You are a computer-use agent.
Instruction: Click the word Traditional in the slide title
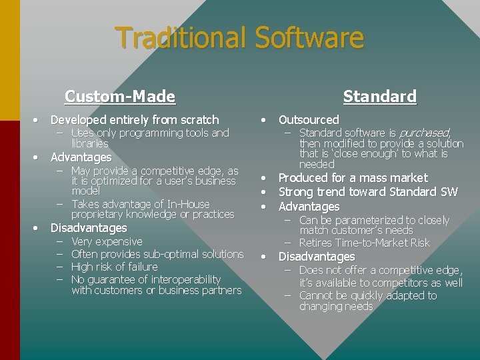point(179,38)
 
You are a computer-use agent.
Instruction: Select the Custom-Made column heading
point(120,97)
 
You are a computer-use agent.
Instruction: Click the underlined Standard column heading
point(379,97)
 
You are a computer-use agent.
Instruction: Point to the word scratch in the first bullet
point(196,120)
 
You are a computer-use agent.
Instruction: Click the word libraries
point(89,143)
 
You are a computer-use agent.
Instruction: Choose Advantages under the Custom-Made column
point(81,157)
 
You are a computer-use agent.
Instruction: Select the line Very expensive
point(107,241)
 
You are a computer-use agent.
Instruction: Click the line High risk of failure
point(114,267)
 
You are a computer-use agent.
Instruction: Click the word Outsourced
point(309,120)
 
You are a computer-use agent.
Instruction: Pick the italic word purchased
point(427,133)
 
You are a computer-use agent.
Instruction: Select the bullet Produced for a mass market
point(353,178)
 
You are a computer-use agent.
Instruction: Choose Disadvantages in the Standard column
point(316,257)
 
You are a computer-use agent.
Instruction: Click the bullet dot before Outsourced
point(265,120)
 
